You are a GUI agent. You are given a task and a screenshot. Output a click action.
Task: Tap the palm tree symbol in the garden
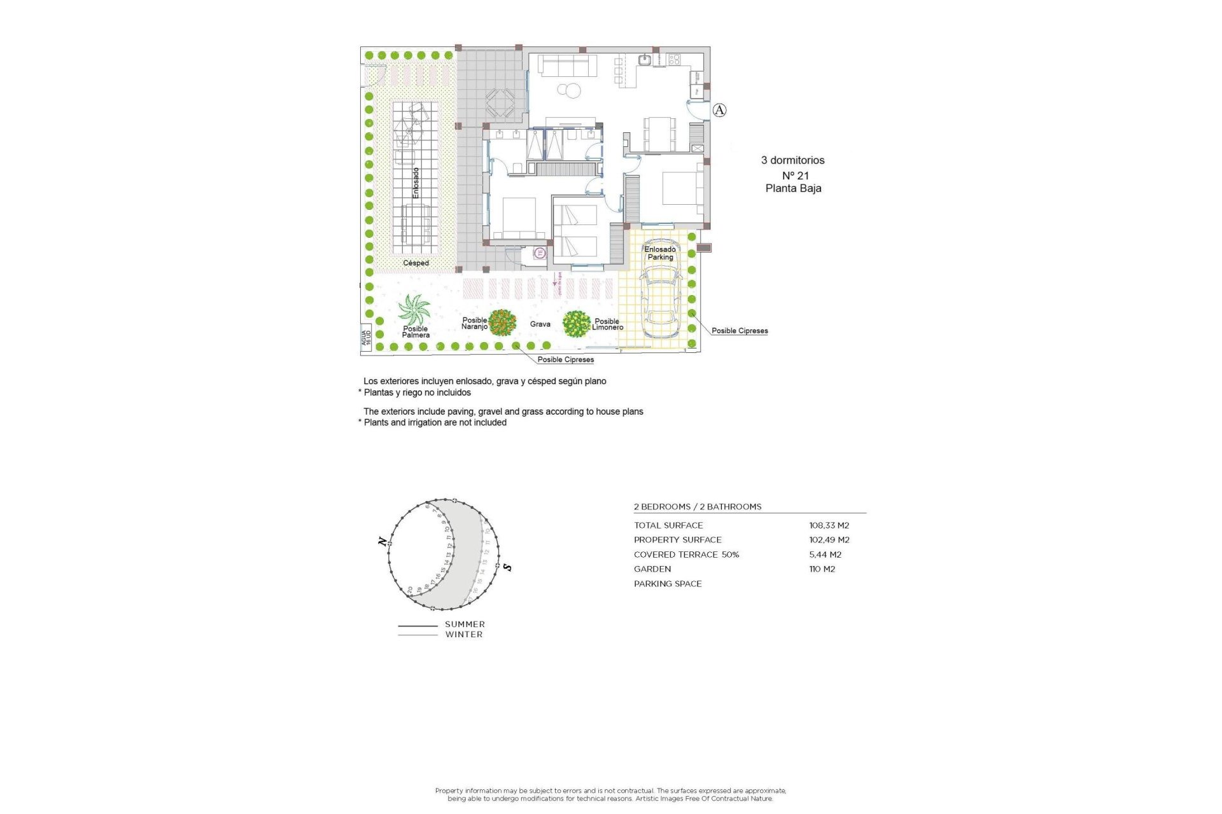click(414, 310)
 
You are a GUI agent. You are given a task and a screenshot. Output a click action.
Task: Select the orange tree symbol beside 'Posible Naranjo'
click(502, 323)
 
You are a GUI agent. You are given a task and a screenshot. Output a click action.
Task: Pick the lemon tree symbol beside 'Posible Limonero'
click(577, 324)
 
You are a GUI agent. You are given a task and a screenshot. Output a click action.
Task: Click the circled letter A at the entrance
click(719, 110)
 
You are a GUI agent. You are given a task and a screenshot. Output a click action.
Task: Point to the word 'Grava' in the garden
click(540, 324)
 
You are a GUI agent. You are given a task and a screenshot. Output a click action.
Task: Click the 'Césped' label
click(416, 263)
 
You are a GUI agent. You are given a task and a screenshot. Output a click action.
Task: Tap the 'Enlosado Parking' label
click(660, 253)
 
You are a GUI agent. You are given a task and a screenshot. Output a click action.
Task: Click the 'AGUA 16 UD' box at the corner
click(366, 338)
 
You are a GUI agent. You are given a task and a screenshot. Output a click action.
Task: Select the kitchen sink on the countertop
click(645, 60)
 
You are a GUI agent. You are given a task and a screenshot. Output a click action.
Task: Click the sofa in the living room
click(567, 65)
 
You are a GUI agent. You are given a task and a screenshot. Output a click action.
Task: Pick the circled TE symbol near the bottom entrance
click(540, 252)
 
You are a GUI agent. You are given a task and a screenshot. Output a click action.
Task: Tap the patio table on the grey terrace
click(500, 102)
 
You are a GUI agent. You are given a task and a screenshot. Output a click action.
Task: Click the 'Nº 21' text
click(795, 176)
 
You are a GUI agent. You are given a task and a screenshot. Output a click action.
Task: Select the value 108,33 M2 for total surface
click(829, 525)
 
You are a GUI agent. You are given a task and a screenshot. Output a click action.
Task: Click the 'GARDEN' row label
click(652, 569)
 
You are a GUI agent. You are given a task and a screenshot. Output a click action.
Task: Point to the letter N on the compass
click(382, 542)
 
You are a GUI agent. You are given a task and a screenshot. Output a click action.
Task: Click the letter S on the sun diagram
click(507, 567)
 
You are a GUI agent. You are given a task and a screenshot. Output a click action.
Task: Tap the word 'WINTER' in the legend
click(463, 635)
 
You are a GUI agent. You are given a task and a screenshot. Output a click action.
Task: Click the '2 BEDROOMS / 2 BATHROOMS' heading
click(697, 507)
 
